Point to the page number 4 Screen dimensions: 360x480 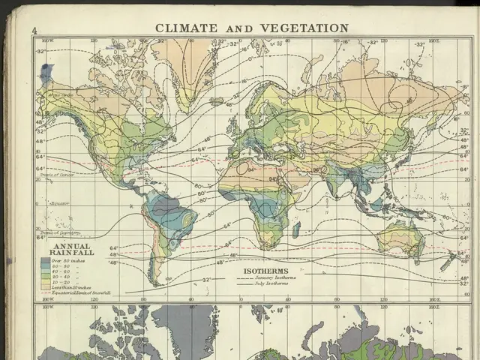(x=34, y=30)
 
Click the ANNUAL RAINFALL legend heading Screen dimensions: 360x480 (x=70, y=250)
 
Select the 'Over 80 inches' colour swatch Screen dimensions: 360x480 (x=45, y=260)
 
